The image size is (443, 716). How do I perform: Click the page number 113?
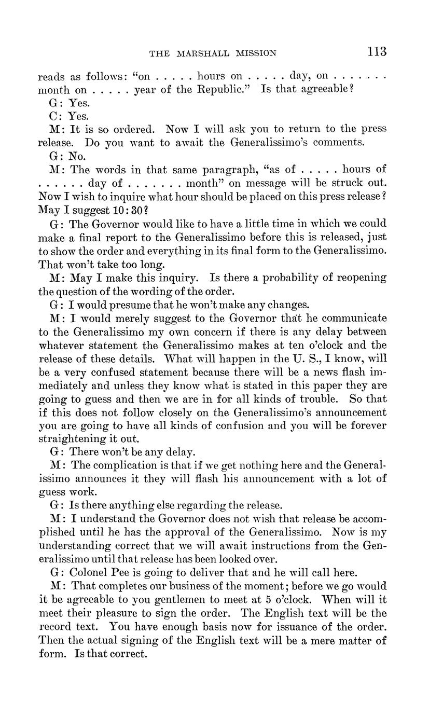tap(377, 51)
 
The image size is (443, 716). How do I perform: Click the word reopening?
tap(362, 277)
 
